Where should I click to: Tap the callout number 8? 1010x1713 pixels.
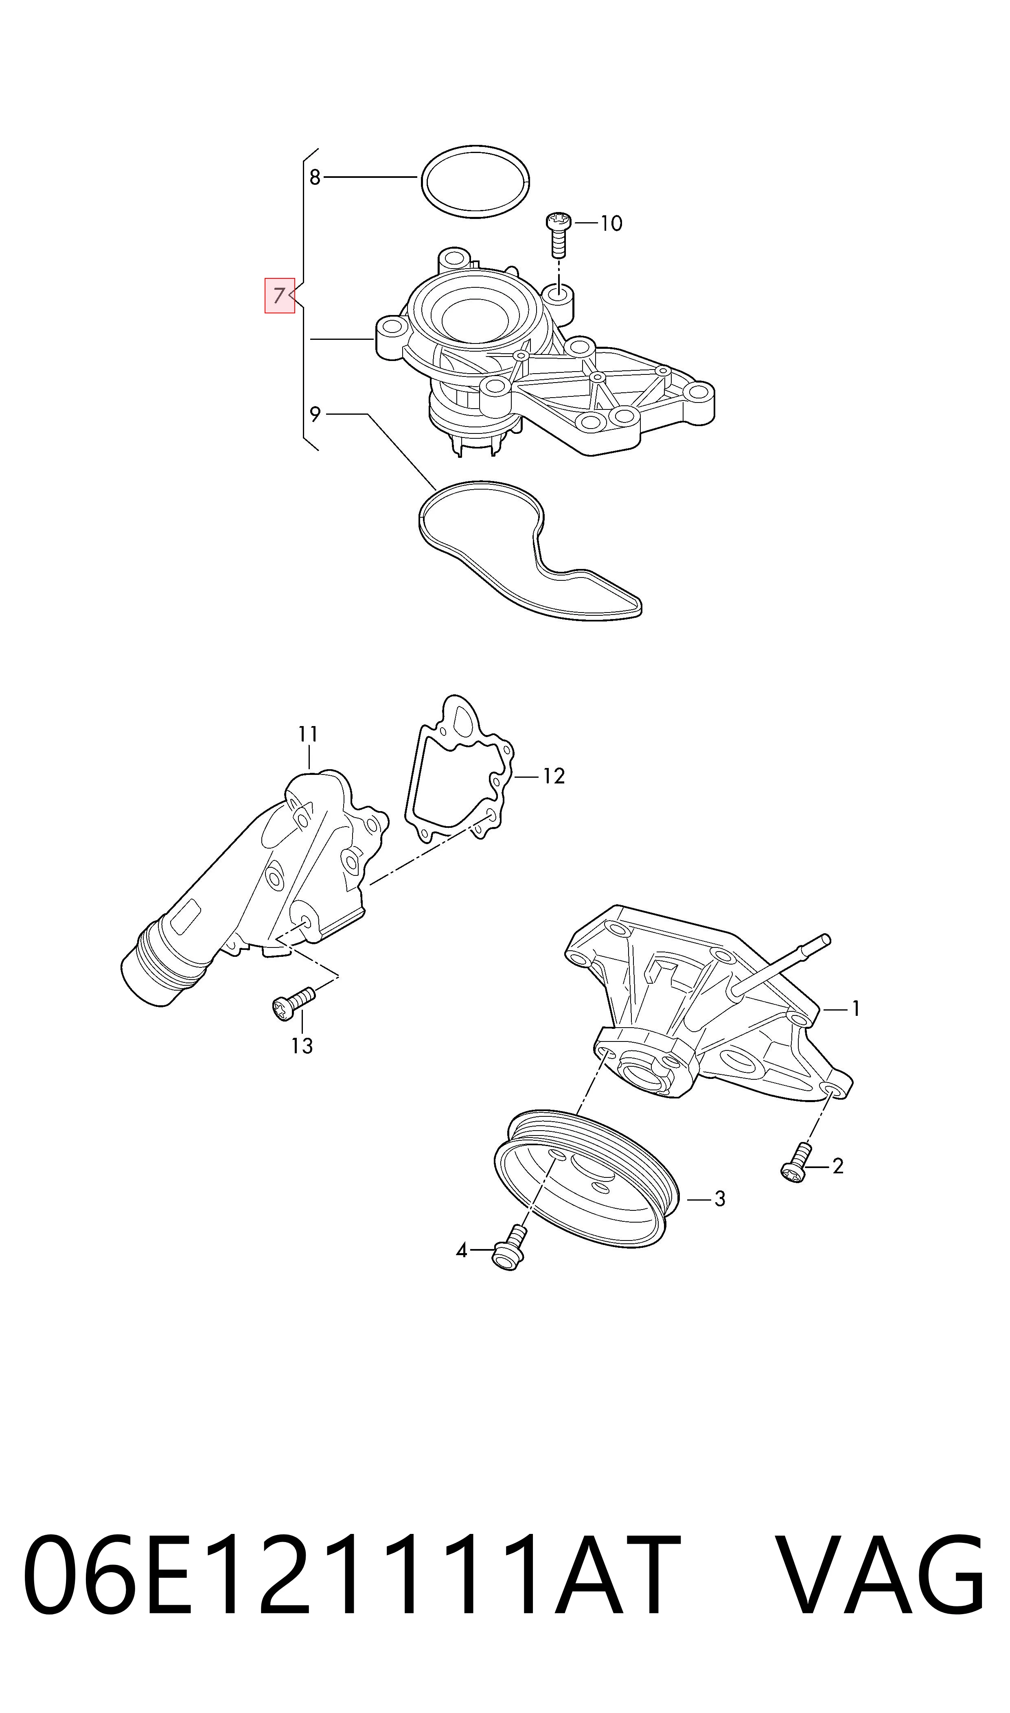coord(314,177)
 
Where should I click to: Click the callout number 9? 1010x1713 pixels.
coord(314,413)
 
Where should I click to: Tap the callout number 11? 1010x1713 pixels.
coord(308,734)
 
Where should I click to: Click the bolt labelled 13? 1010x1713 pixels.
coord(294,1004)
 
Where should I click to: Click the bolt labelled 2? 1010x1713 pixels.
coord(796,1163)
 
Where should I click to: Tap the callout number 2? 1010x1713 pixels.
coord(838,1166)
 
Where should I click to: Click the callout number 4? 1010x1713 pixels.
coord(462,1250)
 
